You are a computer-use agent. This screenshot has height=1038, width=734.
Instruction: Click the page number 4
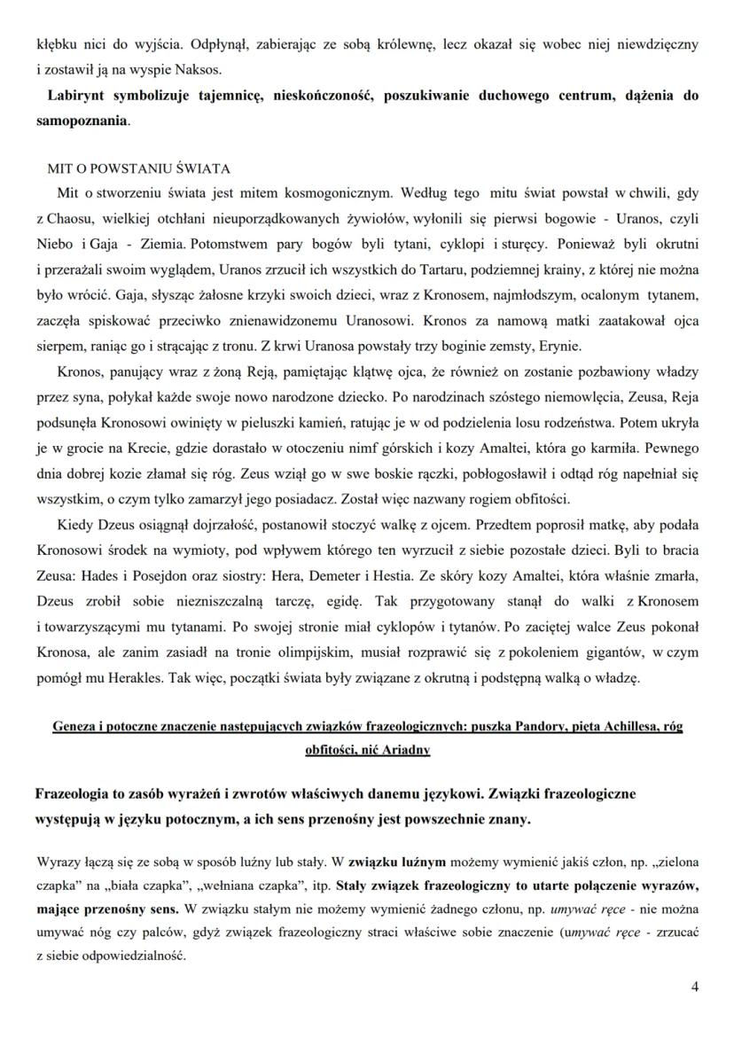tap(694, 986)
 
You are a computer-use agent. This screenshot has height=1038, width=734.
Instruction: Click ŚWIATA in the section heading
tap(202, 168)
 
